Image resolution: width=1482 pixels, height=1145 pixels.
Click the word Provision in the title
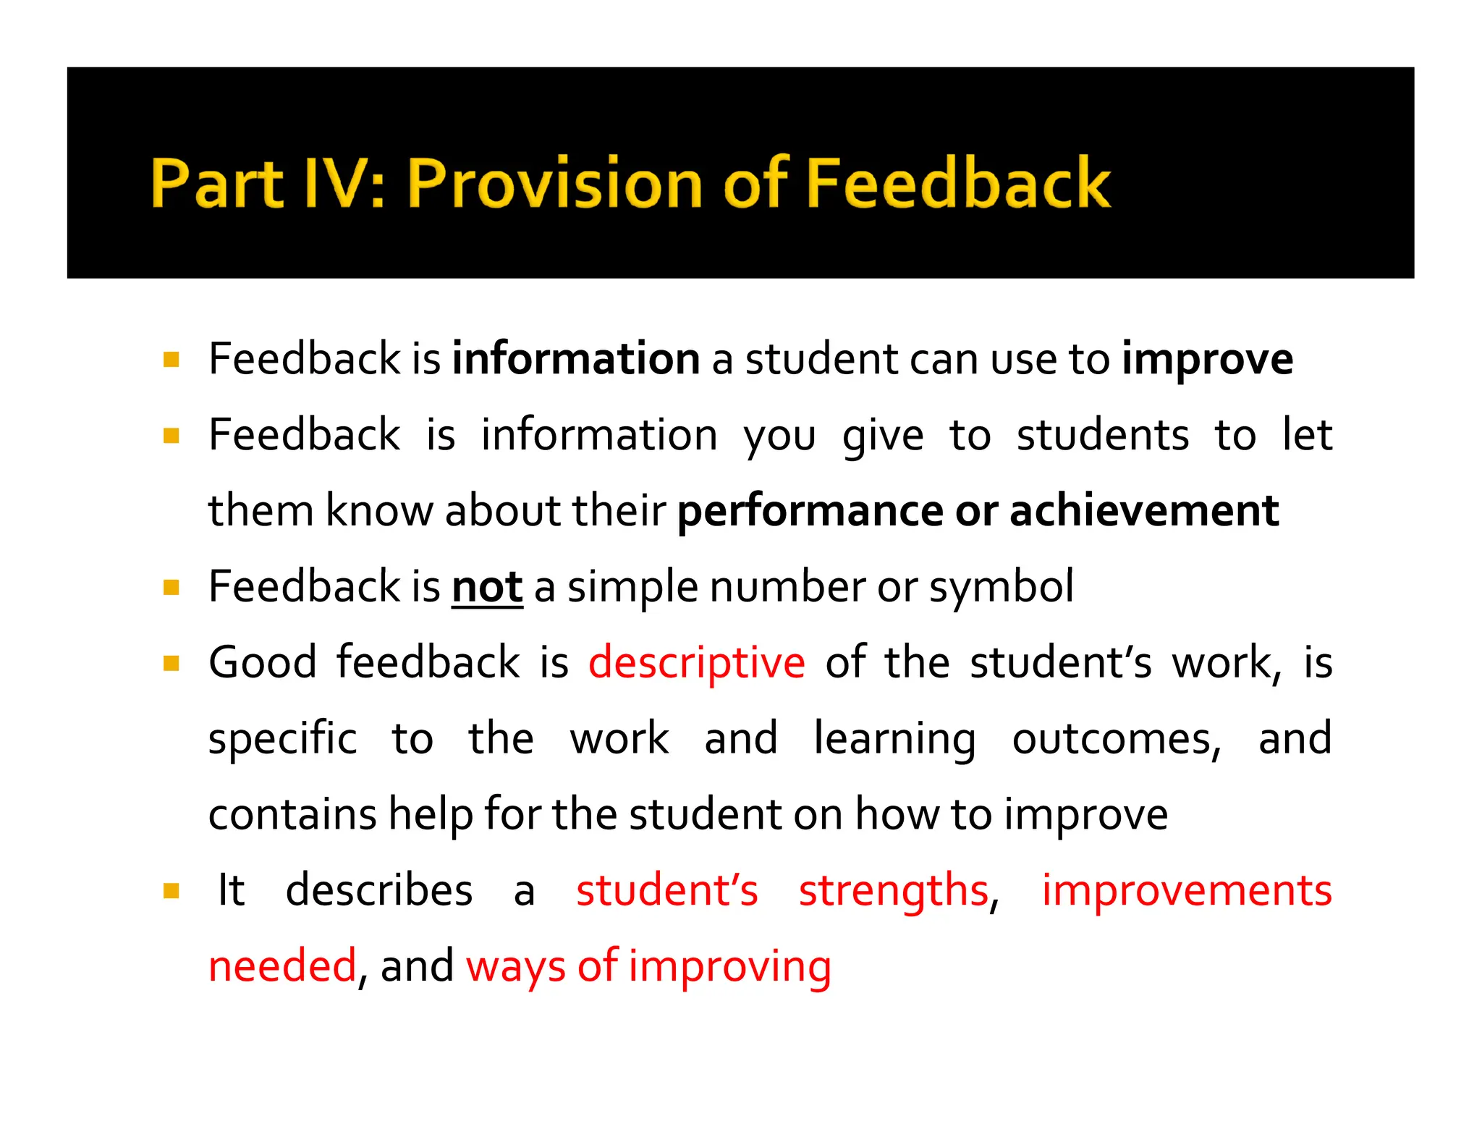[x=554, y=183]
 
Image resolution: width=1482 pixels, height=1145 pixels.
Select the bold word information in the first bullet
[x=576, y=359]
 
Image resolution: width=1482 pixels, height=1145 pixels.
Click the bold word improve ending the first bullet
[x=1207, y=360]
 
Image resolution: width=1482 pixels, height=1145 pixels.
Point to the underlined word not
[x=487, y=587]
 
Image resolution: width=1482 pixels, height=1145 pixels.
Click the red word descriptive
[x=696, y=664]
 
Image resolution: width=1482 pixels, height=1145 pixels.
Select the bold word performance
[x=810, y=512]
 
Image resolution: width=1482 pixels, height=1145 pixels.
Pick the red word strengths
[x=893, y=891]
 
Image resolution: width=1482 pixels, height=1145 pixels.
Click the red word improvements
[x=1186, y=890]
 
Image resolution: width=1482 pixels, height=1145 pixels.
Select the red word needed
[x=282, y=966]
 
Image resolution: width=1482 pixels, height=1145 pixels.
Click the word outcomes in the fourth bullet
[x=1116, y=739]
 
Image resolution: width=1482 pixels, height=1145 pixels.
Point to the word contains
[x=292, y=814]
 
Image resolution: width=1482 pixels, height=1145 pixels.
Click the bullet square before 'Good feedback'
[x=172, y=664]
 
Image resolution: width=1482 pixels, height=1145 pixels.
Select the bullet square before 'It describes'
[x=172, y=891]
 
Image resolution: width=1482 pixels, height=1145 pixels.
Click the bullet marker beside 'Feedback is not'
[x=172, y=587]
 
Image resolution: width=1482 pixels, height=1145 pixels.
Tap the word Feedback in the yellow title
[x=957, y=183]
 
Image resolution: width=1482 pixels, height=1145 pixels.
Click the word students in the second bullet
[x=1102, y=436]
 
